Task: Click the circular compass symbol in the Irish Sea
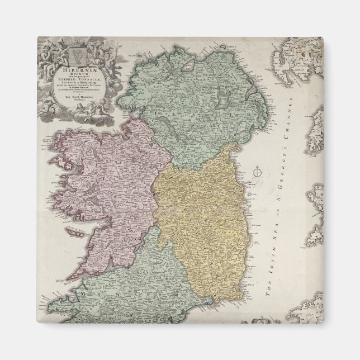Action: click(x=258, y=173)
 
